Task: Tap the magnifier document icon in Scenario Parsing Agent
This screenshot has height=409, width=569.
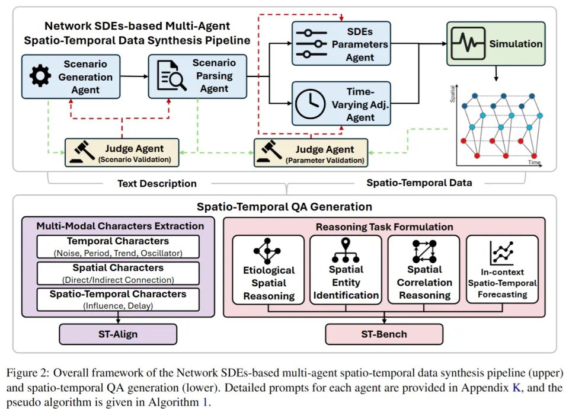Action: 168,77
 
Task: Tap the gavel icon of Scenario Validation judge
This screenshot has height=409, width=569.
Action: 81,153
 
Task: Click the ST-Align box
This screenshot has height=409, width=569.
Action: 118,334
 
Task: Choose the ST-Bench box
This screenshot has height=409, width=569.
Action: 383,334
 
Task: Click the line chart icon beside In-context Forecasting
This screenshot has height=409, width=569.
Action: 501,254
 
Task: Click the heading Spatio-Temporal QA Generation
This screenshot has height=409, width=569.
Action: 284,207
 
